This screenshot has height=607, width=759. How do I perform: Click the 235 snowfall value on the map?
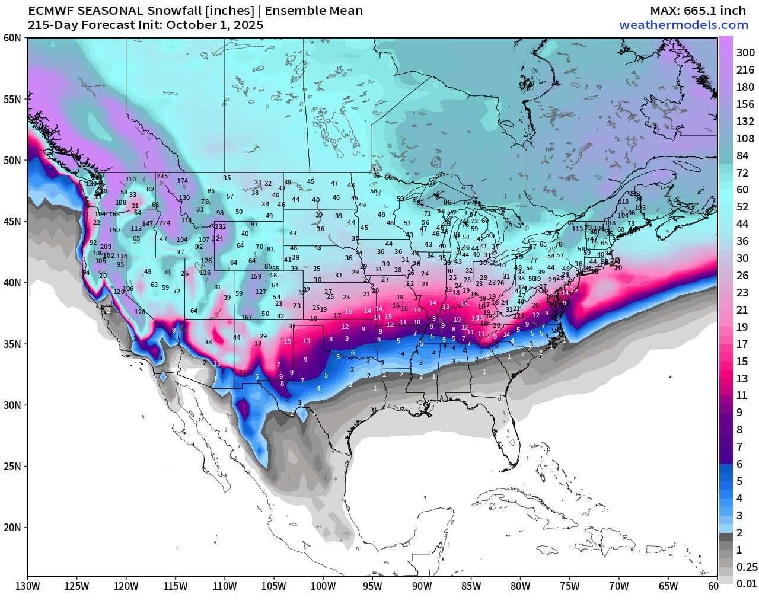point(162,177)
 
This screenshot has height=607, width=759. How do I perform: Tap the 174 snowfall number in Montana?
point(183,181)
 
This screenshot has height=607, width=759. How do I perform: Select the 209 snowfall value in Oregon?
point(106,247)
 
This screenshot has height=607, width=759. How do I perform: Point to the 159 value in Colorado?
point(256,276)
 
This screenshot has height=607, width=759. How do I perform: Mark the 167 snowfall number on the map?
point(247,317)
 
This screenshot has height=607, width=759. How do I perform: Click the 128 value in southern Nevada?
point(140,312)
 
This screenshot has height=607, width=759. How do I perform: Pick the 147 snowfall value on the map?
point(148,223)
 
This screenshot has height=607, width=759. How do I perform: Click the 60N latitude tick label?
point(12,38)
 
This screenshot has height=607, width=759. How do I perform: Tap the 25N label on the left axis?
point(12,466)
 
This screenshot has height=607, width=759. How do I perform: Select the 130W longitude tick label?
point(28,586)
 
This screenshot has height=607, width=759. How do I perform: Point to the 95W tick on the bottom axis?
point(372,586)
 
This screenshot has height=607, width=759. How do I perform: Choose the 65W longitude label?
point(667,586)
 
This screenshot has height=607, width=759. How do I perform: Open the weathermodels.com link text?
point(683,25)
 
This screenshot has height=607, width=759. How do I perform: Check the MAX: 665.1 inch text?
point(699,11)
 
